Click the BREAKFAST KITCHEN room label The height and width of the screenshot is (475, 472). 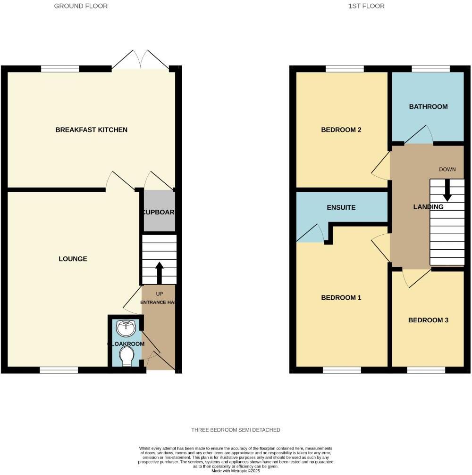click(x=91, y=130)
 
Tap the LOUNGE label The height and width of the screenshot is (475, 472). click(x=73, y=259)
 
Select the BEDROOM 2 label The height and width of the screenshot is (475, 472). click(x=341, y=130)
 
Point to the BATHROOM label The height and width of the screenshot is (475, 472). click(x=428, y=106)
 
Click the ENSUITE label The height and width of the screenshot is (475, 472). click(x=341, y=207)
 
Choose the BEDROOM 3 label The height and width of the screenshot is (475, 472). click(x=428, y=320)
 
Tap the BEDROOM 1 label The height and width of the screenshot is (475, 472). click(x=341, y=297)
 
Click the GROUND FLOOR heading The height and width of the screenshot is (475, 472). click(x=81, y=6)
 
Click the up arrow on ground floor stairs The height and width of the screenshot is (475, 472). click(x=159, y=271)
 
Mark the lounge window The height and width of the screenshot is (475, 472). click(x=59, y=370)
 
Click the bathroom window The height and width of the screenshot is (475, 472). click(x=430, y=69)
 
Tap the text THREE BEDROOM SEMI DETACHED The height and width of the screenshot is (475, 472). click(x=236, y=430)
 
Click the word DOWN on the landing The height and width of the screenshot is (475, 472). click(x=447, y=169)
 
